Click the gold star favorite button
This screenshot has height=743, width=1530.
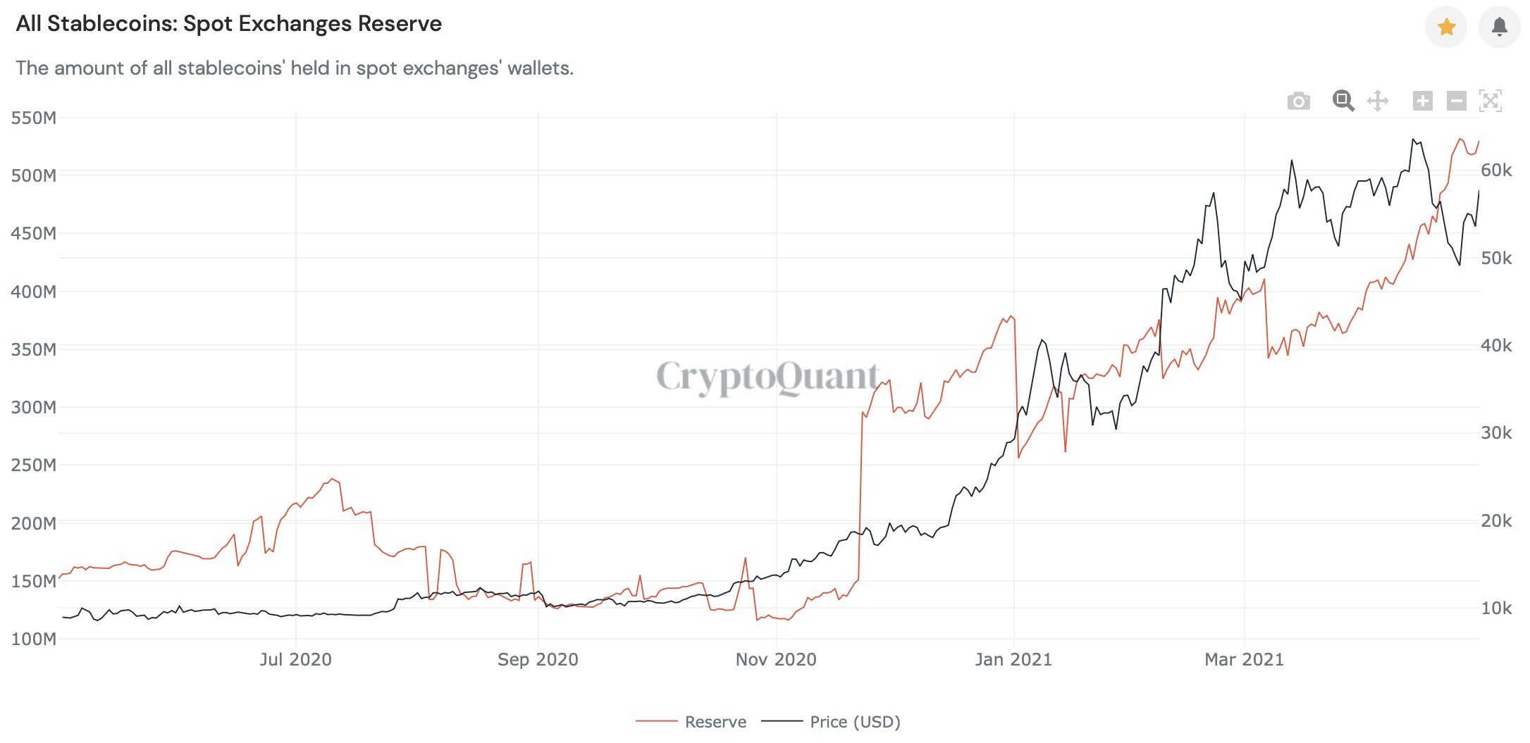[x=1446, y=27]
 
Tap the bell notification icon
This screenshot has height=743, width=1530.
[x=1499, y=27]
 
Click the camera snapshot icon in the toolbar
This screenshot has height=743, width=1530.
[x=1298, y=101]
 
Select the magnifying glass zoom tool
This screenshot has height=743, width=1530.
[x=1343, y=101]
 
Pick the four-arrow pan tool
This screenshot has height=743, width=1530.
[x=1378, y=101]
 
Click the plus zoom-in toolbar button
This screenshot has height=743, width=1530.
[x=1423, y=101]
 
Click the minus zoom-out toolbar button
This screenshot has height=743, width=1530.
[x=1457, y=101]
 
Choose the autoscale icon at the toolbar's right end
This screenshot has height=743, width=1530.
[x=1491, y=101]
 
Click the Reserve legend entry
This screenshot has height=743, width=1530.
[x=715, y=722]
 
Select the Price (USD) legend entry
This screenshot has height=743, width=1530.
[x=855, y=722]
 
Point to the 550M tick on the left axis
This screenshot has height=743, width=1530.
[x=34, y=118]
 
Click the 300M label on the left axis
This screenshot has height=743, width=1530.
[x=34, y=407]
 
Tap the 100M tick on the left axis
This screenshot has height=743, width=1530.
[x=34, y=639]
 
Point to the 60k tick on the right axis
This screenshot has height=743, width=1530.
[x=1496, y=170]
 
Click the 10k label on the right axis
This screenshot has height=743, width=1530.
[x=1496, y=608]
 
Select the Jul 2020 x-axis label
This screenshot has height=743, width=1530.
[x=295, y=660]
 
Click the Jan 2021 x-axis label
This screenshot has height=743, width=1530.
[x=1013, y=660]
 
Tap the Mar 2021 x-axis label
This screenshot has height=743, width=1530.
[x=1244, y=660]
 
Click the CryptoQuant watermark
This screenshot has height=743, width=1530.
[x=767, y=377]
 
